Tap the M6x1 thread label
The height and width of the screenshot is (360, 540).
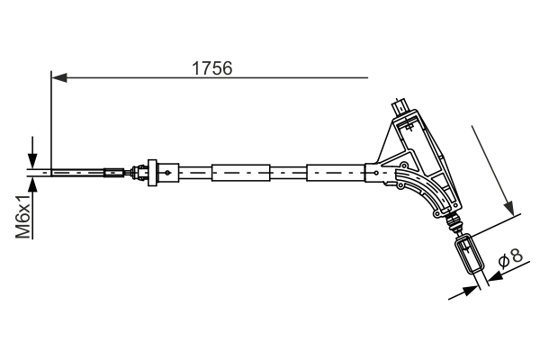click(24, 219)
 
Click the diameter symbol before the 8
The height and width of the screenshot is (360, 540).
click(504, 261)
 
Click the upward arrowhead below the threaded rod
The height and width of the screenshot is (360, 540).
click(34, 184)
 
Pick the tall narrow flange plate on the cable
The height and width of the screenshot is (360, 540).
click(153, 171)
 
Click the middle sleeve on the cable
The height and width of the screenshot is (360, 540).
click(240, 171)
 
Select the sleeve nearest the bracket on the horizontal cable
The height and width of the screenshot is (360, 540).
click(335, 171)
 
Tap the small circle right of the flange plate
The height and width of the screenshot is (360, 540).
click(168, 171)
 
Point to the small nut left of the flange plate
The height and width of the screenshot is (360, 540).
click(137, 171)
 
